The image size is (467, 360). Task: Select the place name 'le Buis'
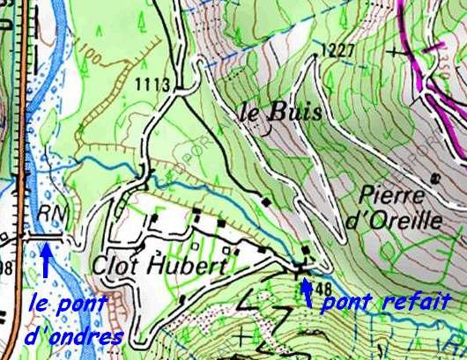(x=276, y=113)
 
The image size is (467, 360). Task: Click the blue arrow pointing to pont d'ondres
(x=44, y=261)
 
